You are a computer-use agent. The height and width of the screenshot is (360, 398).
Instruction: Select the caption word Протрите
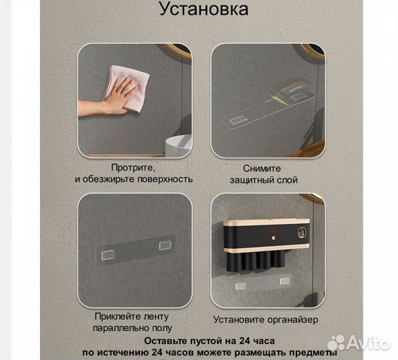click(134, 168)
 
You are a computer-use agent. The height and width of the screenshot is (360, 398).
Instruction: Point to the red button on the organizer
click(276, 235)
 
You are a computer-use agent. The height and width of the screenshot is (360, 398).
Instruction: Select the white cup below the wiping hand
click(178, 145)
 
